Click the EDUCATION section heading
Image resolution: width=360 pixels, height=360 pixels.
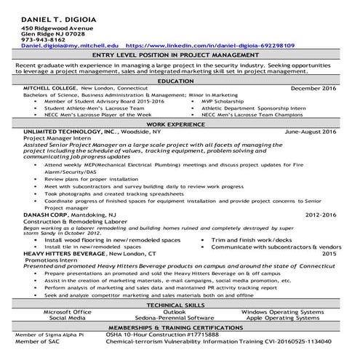pos(180,81)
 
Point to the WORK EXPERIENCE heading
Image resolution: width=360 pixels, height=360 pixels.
pos(180,125)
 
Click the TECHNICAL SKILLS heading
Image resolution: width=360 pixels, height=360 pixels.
pos(180,305)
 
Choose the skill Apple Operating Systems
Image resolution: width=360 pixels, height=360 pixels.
pos(290,318)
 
